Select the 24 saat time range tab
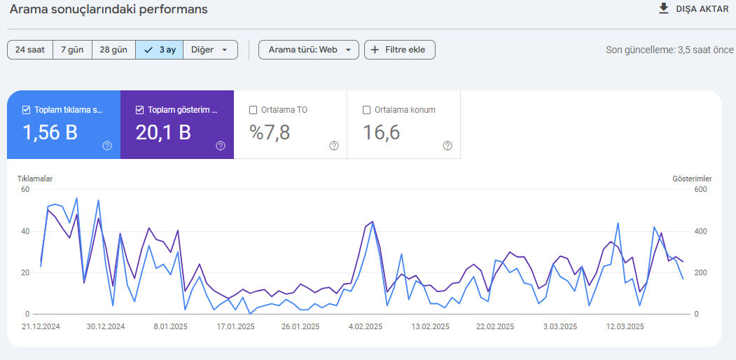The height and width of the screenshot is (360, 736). point(29,50)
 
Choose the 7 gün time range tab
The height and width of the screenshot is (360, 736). point(72,50)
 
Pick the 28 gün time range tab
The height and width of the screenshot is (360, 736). point(113,50)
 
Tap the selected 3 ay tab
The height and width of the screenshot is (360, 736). point(160,50)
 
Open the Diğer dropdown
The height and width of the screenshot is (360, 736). point(210,50)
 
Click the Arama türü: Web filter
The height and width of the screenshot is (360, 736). point(309,50)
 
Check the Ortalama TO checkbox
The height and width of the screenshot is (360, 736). point(253,110)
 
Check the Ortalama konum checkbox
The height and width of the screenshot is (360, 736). point(366,110)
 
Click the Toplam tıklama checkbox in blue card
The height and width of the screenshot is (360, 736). point(27,110)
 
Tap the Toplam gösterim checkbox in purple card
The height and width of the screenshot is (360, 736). point(139,110)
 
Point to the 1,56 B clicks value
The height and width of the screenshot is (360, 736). point(50,133)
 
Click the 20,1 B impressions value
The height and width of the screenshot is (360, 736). point(163,133)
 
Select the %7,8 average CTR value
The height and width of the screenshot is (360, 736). point(270,133)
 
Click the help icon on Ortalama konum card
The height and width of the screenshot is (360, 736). point(447,146)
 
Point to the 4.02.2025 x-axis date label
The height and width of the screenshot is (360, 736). point(366,326)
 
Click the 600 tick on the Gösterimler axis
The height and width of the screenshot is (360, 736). point(700,189)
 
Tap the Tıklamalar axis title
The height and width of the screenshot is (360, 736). point(35,179)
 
